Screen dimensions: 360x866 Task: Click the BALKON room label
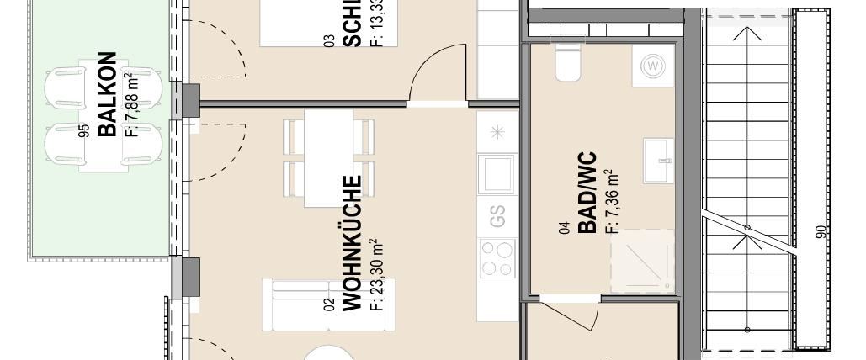[107, 94]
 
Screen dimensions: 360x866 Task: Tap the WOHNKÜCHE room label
[352, 243]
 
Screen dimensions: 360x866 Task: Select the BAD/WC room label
[587, 193]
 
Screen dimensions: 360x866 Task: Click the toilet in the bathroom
[568, 63]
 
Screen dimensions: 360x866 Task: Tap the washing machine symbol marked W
[654, 66]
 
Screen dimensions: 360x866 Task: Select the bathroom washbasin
[659, 160]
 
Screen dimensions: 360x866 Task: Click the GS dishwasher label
[497, 216]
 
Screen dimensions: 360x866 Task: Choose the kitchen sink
[497, 174]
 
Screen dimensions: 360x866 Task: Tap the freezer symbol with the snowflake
[497, 132]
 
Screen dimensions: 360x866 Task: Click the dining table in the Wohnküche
[328, 157]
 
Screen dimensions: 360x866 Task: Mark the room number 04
[566, 225]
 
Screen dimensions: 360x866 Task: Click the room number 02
[329, 304]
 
